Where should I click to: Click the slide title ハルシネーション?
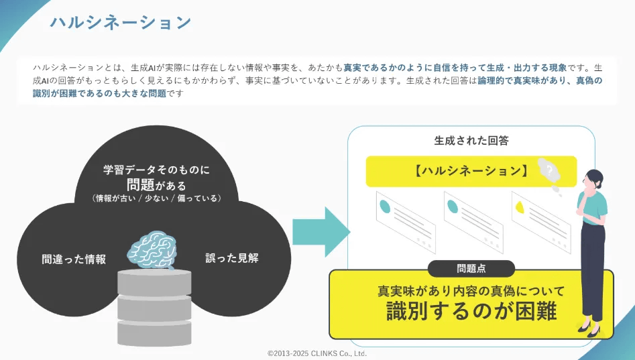coord(121,23)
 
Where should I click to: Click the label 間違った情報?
coord(74,259)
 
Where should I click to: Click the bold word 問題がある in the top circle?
coord(156,184)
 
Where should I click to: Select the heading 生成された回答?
coord(471,141)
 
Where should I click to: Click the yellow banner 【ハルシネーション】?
coord(469,171)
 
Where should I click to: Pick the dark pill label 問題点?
coord(471,269)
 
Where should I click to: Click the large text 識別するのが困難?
coord(471,311)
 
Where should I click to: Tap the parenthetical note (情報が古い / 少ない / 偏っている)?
coord(156,198)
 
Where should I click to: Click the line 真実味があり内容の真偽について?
coord(471,291)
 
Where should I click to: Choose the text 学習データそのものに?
coord(156,170)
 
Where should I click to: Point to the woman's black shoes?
coord(588,330)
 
